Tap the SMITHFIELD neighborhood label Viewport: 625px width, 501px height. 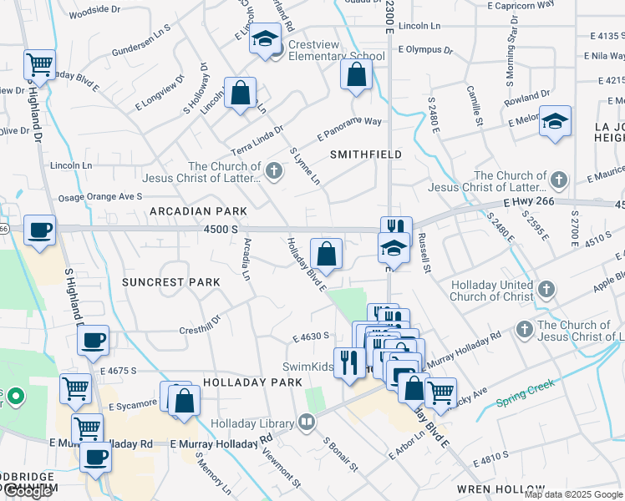pos(366,154)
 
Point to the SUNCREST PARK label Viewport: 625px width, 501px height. pos(171,282)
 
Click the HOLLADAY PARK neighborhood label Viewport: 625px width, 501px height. pos(251,382)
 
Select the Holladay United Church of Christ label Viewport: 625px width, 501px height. pos(492,291)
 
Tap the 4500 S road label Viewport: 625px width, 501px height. pos(221,229)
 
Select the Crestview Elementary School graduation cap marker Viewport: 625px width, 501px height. pos(266,40)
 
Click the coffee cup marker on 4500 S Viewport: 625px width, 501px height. pos(39,231)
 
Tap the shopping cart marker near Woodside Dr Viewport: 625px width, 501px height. pos(39,63)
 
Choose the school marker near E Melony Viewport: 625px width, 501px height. pos(555,122)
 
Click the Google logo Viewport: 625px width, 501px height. pos(28,492)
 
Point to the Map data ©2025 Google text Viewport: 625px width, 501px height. pos(573,494)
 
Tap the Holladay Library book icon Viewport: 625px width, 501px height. pos(307,423)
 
